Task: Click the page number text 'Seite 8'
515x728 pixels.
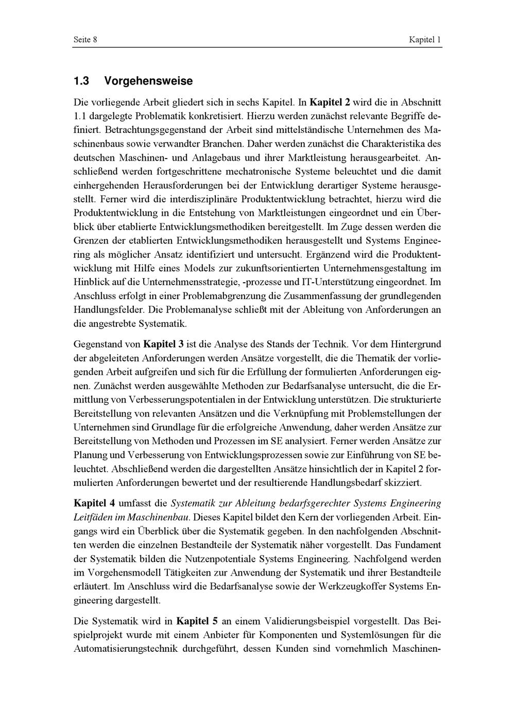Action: pos(85,40)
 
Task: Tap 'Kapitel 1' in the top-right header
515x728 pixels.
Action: pos(425,40)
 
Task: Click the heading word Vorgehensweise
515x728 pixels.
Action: pos(148,81)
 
